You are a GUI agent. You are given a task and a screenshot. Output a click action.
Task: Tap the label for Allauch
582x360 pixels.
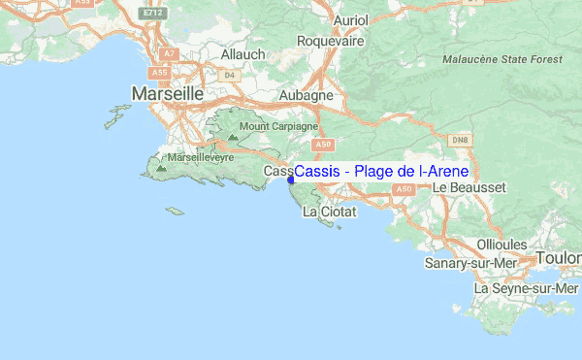(x=242, y=55)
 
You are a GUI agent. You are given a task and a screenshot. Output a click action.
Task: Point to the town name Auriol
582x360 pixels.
(x=323, y=19)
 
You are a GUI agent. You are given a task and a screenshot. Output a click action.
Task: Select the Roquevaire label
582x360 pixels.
(x=330, y=42)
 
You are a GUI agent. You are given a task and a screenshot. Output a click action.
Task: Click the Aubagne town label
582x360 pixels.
(x=306, y=96)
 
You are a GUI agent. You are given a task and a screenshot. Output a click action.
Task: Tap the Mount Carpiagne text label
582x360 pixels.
(x=278, y=126)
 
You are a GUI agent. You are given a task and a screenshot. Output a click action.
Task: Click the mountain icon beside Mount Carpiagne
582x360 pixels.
(x=233, y=138)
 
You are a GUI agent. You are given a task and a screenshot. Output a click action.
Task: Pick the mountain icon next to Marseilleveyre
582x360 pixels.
(x=161, y=169)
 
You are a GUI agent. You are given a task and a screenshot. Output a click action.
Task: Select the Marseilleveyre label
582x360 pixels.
(x=201, y=156)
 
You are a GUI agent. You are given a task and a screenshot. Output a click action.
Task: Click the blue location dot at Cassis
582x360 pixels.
(x=291, y=179)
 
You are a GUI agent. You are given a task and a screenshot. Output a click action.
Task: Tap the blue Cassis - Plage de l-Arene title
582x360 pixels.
(x=381, y=172)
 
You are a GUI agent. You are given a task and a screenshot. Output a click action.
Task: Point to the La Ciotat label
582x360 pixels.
(x=330, y=211)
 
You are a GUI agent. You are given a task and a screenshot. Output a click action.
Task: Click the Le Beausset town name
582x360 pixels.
(x=469, y=186)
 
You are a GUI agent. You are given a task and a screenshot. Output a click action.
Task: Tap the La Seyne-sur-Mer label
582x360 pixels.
(x=526, y=288)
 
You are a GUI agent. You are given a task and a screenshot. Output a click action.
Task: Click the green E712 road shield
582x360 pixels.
(x=149, y=15)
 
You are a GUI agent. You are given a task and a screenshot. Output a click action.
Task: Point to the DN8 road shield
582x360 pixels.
(x=461, y=140)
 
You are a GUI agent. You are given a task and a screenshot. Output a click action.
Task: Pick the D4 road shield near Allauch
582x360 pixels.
(x=229, y=74)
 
